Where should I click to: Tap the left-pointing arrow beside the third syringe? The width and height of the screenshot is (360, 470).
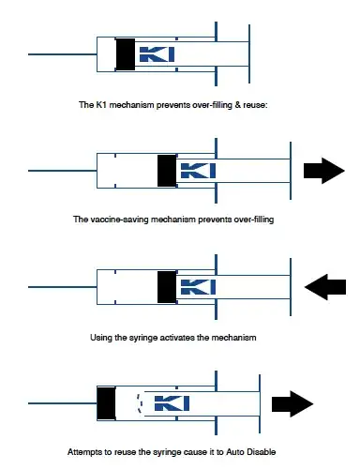(x=323, y=285)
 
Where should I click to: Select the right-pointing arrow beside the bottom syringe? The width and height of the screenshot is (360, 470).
(x=292, y=404)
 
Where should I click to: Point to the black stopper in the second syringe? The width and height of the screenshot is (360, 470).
(x=167, y=170)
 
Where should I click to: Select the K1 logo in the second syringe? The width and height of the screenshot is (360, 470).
(x=199, y=171)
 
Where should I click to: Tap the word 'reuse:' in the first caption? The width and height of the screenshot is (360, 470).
(x=254, y=103)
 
